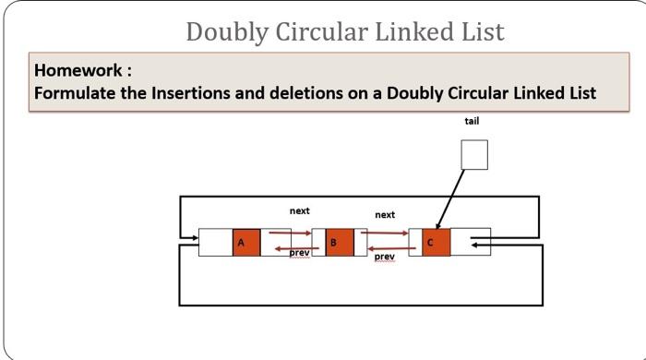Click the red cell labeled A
245,242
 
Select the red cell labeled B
339,242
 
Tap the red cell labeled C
436,242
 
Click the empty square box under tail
473,155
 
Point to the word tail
472,121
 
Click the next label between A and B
299,211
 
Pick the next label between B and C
385,215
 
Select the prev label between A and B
299,252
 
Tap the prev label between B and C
385,257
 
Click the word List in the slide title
481,31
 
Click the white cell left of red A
215,242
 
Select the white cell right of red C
471,242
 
